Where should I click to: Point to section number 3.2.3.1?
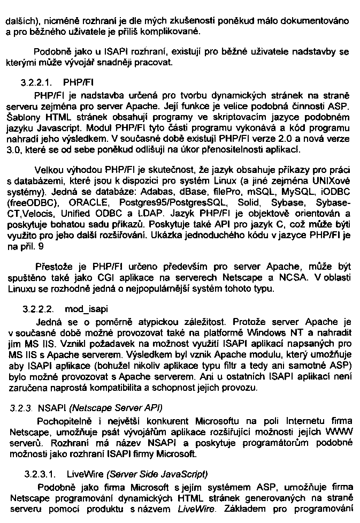tap(39, 474)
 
